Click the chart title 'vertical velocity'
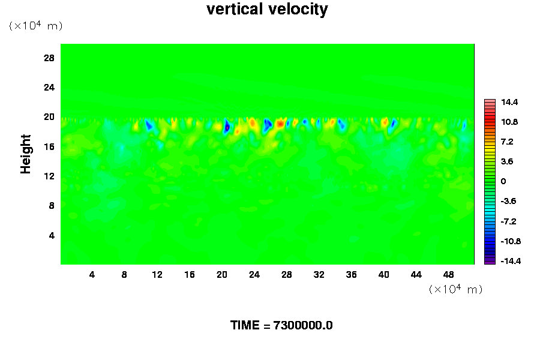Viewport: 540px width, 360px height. tap(267, 10)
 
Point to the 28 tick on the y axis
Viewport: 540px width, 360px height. tap(49, 58)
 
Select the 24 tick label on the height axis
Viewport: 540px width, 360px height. tap(49, 88)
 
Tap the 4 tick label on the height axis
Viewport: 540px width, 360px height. tap(52, 235)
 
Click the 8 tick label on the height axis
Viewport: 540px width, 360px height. tap(52, 206)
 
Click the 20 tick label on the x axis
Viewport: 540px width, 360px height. tap(221, 275)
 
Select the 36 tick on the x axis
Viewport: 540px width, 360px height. tap(351, 275)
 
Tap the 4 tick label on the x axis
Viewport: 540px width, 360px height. tap(92, 275)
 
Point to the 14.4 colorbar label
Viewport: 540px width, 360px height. tap(510, 103)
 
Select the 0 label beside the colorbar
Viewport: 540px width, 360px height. tap(504, 181)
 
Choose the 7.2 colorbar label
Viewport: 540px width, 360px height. tap(508, 142)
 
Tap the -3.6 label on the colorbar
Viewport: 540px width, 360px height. tap(509, 201)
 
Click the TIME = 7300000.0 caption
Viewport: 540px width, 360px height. tap(281, 325)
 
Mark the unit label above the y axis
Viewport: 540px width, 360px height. tap(35, 26)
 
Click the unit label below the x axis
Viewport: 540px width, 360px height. tap(456, 289)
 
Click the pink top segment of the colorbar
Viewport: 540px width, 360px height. tap(490, 101)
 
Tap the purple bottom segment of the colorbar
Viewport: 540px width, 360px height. tap(490, 261)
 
